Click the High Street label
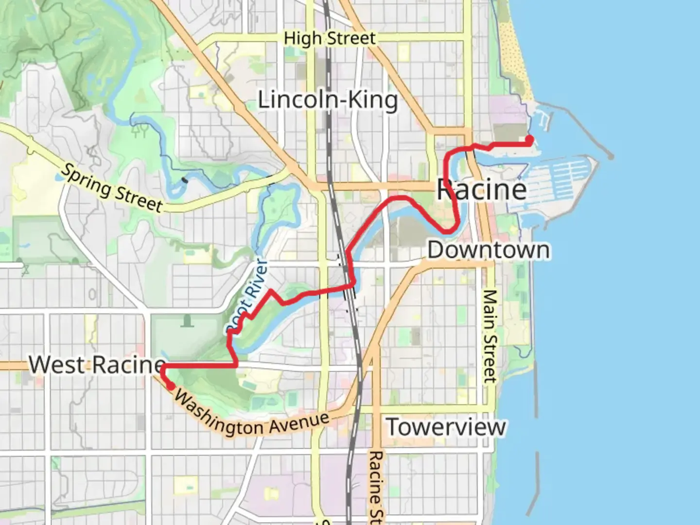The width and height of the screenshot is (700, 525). (330, 38)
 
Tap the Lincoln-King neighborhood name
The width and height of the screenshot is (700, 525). (328, 100)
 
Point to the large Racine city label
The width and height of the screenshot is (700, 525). (481, 190)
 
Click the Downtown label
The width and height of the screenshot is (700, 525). (489, 250)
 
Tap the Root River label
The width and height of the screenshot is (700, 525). (248, 297)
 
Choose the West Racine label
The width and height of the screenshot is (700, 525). (97, 365)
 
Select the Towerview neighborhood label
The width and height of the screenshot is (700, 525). (446, 427)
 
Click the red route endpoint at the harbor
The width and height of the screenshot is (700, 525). (529, 140)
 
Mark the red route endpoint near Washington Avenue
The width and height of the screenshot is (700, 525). (171, 386)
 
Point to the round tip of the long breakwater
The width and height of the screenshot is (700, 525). (611, 157)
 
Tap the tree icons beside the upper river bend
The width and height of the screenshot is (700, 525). (141, 130)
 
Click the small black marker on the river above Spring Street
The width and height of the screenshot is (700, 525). (184, 180)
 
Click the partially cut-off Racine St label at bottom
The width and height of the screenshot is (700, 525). (375, 486)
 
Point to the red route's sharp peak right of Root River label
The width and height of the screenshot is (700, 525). (270, 291)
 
